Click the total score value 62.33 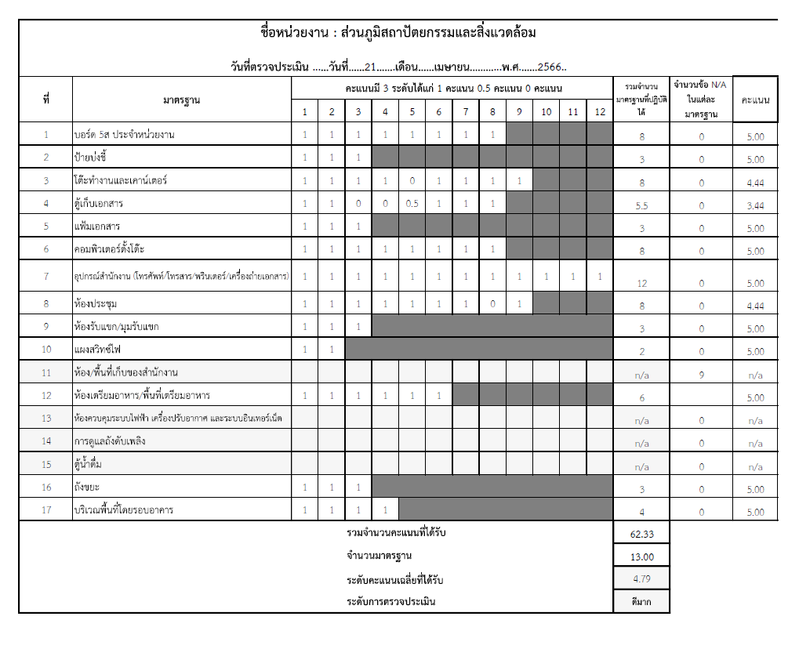point(641,534)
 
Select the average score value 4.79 point(641,579)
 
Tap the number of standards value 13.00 point(641,557)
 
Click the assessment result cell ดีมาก point(641,602)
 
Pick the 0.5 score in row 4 point(412,204)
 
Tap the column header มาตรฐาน point(181,100)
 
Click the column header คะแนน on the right point(755,100)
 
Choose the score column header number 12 point(600,112)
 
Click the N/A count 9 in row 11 point(701,375)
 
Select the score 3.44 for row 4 point(755,205)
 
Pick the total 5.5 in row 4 point(641,205)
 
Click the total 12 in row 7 point(641,283)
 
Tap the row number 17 point(45,510)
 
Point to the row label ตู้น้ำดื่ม point(89,465)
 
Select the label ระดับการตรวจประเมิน point(390,602)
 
